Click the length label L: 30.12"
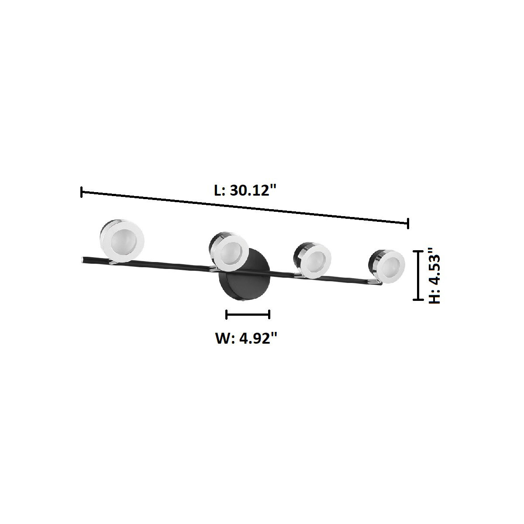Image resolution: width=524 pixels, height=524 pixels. click(x=245, y=191)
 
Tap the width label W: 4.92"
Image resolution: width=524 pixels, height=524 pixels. click(x=246, y=338)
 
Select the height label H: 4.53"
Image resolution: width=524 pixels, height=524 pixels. click(x=434, y=276)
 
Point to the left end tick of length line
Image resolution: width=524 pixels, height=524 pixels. click(x=82, y=192)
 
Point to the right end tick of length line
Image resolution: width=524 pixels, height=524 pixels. click(x=408, y=223)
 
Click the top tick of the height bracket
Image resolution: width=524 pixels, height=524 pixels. click(x=419, y=251)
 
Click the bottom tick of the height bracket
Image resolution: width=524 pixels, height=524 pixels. click(x=419, y=300)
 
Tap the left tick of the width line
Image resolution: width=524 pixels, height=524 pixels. click(x=227, y=314)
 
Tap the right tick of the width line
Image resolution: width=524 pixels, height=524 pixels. click(x=269, y=314)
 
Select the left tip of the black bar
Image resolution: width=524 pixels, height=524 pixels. click(x=83, y=260)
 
